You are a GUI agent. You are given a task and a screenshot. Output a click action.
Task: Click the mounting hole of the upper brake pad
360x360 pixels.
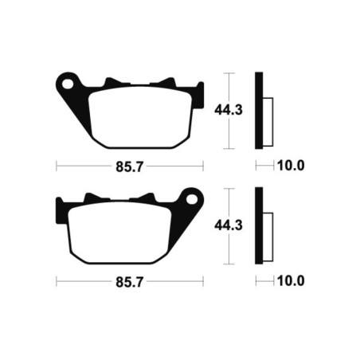[68, 84]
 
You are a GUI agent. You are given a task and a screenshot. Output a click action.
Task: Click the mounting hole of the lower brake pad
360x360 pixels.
[192, 199]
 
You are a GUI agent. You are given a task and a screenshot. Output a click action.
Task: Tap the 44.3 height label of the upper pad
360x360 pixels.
[229, 110]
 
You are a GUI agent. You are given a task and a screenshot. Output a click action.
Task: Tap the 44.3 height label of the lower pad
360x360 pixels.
[229, 225]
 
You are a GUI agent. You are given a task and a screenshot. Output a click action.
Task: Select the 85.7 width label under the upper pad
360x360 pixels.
[130, 167]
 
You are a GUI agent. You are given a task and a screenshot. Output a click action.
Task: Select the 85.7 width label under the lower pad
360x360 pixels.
[130, 282]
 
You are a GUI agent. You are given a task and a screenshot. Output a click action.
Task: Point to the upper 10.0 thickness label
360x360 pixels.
[291, 166]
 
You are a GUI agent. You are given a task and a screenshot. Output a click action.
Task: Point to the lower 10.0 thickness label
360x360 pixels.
[291, 281]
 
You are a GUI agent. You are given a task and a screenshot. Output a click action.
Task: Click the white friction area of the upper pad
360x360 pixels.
[140, 117]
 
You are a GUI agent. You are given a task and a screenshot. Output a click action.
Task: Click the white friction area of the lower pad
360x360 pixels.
[119, 233]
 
